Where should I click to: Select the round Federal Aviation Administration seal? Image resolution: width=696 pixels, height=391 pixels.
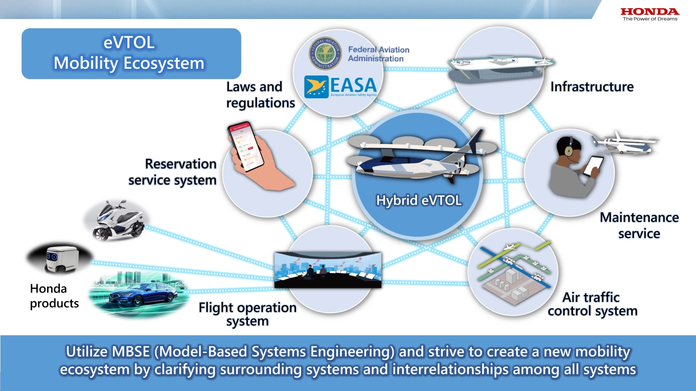(x=325, y=53)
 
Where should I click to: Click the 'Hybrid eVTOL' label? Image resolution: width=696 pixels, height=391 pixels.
(x=419, y=200)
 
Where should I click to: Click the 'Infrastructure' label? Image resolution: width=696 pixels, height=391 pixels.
(x=592, y=87)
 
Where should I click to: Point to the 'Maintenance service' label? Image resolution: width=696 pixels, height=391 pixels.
(x=639, y=225)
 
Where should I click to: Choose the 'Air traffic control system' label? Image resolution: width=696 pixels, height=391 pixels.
(x=592, y=304)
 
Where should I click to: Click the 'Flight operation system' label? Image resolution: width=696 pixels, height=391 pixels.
(x=247, y=314)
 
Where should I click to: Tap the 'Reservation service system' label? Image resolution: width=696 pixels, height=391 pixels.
(x=172, y=172)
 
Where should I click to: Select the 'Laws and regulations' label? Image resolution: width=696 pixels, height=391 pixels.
(x=261, y=95)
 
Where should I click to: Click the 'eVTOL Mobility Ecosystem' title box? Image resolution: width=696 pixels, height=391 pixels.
(x=131, y=53)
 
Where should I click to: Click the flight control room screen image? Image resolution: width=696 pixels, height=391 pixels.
(x=328, y=270)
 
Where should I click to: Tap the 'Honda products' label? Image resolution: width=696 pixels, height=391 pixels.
(x=54, y=296)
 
